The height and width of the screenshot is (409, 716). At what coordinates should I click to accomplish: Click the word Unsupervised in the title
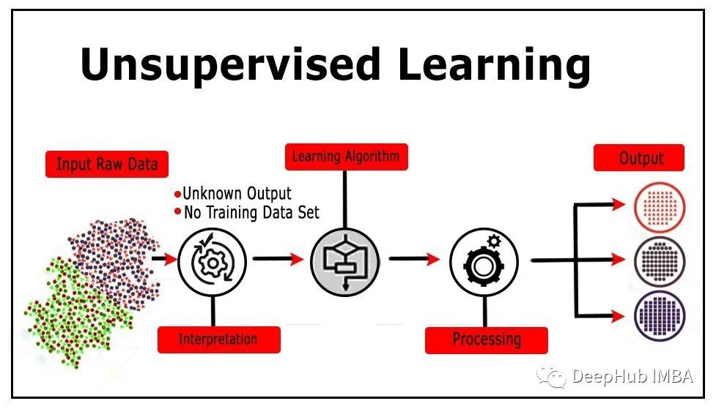point(231,64)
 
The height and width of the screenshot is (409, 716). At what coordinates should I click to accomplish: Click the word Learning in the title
point(494,64)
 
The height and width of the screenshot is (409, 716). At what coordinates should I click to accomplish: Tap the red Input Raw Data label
point(107,164)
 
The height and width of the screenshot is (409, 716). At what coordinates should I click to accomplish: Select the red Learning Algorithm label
point(346,157)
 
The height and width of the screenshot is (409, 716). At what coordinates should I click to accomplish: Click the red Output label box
point(639,158)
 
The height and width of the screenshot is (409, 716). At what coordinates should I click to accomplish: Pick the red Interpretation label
point(218,339)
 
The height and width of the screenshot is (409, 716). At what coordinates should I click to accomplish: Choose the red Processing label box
point(487,340)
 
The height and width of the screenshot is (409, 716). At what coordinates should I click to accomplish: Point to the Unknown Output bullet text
point(233,194)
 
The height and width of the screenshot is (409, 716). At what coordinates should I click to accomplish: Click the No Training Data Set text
point(247,212)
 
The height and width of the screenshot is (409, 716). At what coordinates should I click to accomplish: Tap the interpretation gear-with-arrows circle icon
point(212,262)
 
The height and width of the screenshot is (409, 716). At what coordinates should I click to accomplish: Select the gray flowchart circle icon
point(344,262)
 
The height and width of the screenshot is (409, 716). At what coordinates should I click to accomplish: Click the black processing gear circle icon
point(484,262)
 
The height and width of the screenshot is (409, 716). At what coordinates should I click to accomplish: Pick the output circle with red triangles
point(660,208)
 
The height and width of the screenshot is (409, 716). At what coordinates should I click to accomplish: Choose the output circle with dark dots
point(660,261)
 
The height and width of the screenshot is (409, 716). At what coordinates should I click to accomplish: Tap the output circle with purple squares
point(660,315)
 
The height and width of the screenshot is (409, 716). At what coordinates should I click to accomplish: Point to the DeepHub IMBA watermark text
point(632,377)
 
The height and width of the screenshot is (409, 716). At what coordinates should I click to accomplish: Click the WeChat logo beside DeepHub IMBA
point(552,377)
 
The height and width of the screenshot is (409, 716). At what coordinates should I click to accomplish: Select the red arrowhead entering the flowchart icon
point(297,259)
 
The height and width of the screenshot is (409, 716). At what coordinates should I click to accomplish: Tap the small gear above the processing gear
point(494,241)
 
